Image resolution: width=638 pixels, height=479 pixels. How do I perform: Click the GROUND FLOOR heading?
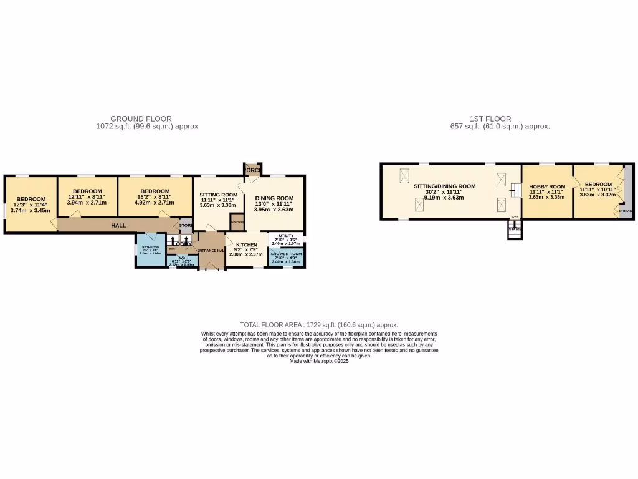(x=141, y=119)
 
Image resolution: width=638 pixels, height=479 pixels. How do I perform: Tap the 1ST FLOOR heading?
(x=490, y=119)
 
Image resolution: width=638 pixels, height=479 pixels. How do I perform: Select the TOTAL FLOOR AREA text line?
(x=319, y=325)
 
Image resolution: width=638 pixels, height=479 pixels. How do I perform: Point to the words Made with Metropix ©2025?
(x=319, y=361)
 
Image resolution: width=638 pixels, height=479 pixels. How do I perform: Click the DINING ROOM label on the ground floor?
(x=274, y=198)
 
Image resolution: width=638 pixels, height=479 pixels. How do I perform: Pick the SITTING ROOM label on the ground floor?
(x=218, y=195)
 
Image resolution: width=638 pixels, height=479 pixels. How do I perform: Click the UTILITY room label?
(x=286, y=236)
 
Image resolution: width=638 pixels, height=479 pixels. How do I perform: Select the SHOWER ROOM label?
(x=286, y=254)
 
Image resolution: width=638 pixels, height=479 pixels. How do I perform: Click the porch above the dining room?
(x=252, y=170)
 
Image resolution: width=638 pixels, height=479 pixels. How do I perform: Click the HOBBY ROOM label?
(x=546, y=187)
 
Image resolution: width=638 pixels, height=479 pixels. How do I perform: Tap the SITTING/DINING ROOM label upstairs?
(x=444, y=186)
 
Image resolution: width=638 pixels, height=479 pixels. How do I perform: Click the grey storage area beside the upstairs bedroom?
(x=628, y=187)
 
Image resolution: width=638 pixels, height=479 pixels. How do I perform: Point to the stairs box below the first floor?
(x=514, y=230)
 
